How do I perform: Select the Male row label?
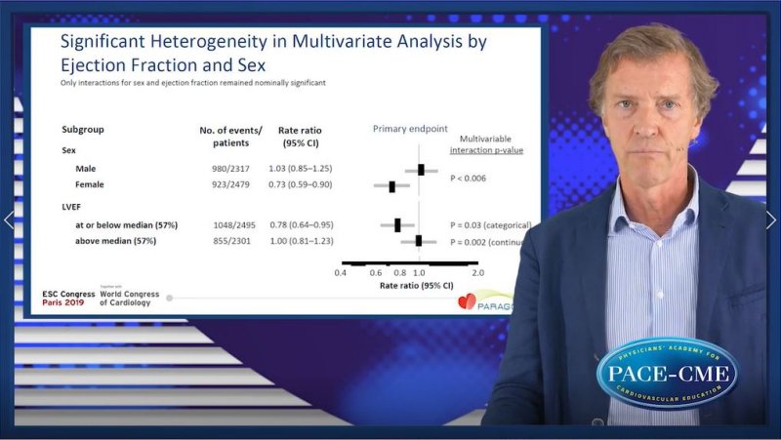click(x=86, y=169)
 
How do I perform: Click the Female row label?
click(x=90, y=184)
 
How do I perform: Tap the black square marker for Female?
click(x=392, y=185)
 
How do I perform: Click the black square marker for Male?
click(x=422, y=170)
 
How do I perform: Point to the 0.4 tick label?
click(x=341, y=273)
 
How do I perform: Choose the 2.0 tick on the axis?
click(x=477, y=273)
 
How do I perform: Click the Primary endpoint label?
click(x=410, y=129)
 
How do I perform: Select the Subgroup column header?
click(x=83, y=129)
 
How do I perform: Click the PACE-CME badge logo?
click(x=668, y=373)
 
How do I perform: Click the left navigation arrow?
click(x=9, y=220)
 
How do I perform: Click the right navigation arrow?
click(x=770, y=220)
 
